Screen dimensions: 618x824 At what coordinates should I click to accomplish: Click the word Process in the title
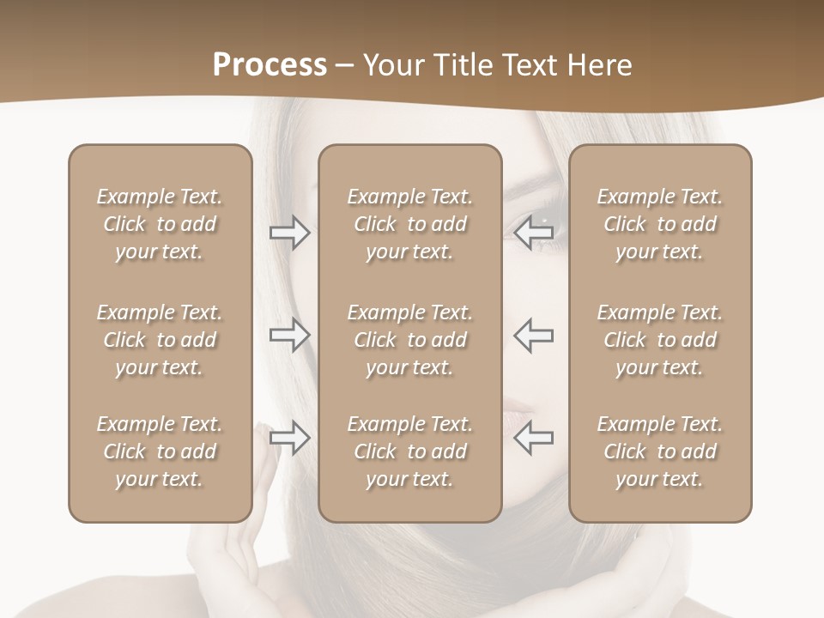point(270,65)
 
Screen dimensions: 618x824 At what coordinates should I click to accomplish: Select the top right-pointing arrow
point(289,233)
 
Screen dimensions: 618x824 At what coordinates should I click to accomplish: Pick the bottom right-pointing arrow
point(289,439)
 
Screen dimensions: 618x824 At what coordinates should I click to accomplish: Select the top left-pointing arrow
point(534,233)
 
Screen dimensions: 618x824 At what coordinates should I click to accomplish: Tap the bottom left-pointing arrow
point(534,439)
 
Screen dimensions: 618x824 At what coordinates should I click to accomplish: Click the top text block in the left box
point(160,224)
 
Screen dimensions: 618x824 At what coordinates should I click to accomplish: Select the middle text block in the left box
point(160,340)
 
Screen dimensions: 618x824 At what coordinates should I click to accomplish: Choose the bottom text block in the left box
point(160,451)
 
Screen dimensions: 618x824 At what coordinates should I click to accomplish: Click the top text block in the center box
point(409,224)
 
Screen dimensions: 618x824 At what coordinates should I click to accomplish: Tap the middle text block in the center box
point(409,340)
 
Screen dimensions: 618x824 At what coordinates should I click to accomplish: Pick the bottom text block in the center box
point(409,451)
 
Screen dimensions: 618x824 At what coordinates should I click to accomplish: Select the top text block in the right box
point(659,224)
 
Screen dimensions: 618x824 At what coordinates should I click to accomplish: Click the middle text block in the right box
point(659,340)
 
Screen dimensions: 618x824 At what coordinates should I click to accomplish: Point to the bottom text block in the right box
point(659,451)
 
